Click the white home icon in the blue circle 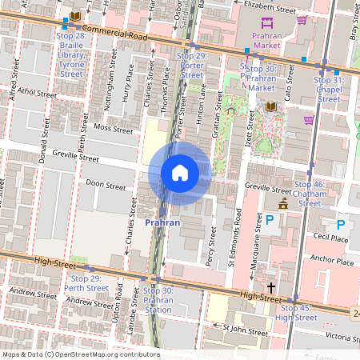click(x=180, y=173)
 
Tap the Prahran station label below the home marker click(x=162, y=222)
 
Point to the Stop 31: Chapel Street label click(x=329, y=90)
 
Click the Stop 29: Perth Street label click(x=86, y=282)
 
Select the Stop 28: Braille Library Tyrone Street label click(x=72, y=55)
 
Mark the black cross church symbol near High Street click(x=271, y=287)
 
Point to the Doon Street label click(x=106, y=185)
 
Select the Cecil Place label click(x=330, y=238)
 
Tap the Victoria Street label click(x=338, y=337)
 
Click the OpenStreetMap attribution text click(x=81, y=354)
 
